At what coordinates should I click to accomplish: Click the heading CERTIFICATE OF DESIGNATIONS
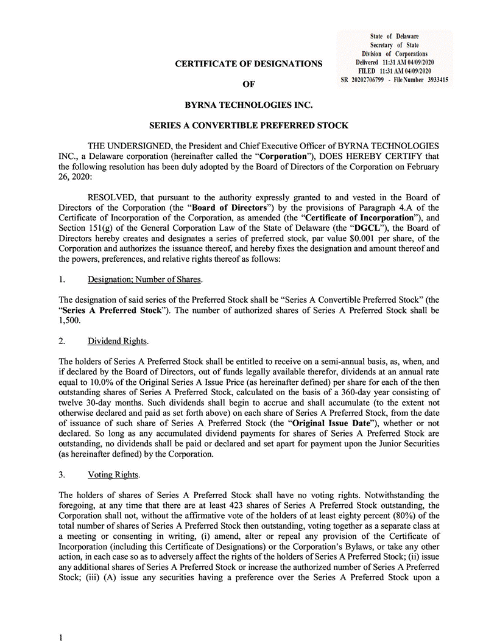pos(248,63)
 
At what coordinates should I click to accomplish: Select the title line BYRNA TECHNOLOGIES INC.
pos(248,105)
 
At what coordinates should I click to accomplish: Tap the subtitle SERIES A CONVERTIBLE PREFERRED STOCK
pos(248,125)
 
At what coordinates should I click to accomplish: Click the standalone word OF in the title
pos(248,84)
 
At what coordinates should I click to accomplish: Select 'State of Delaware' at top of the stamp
pos(394,37)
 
